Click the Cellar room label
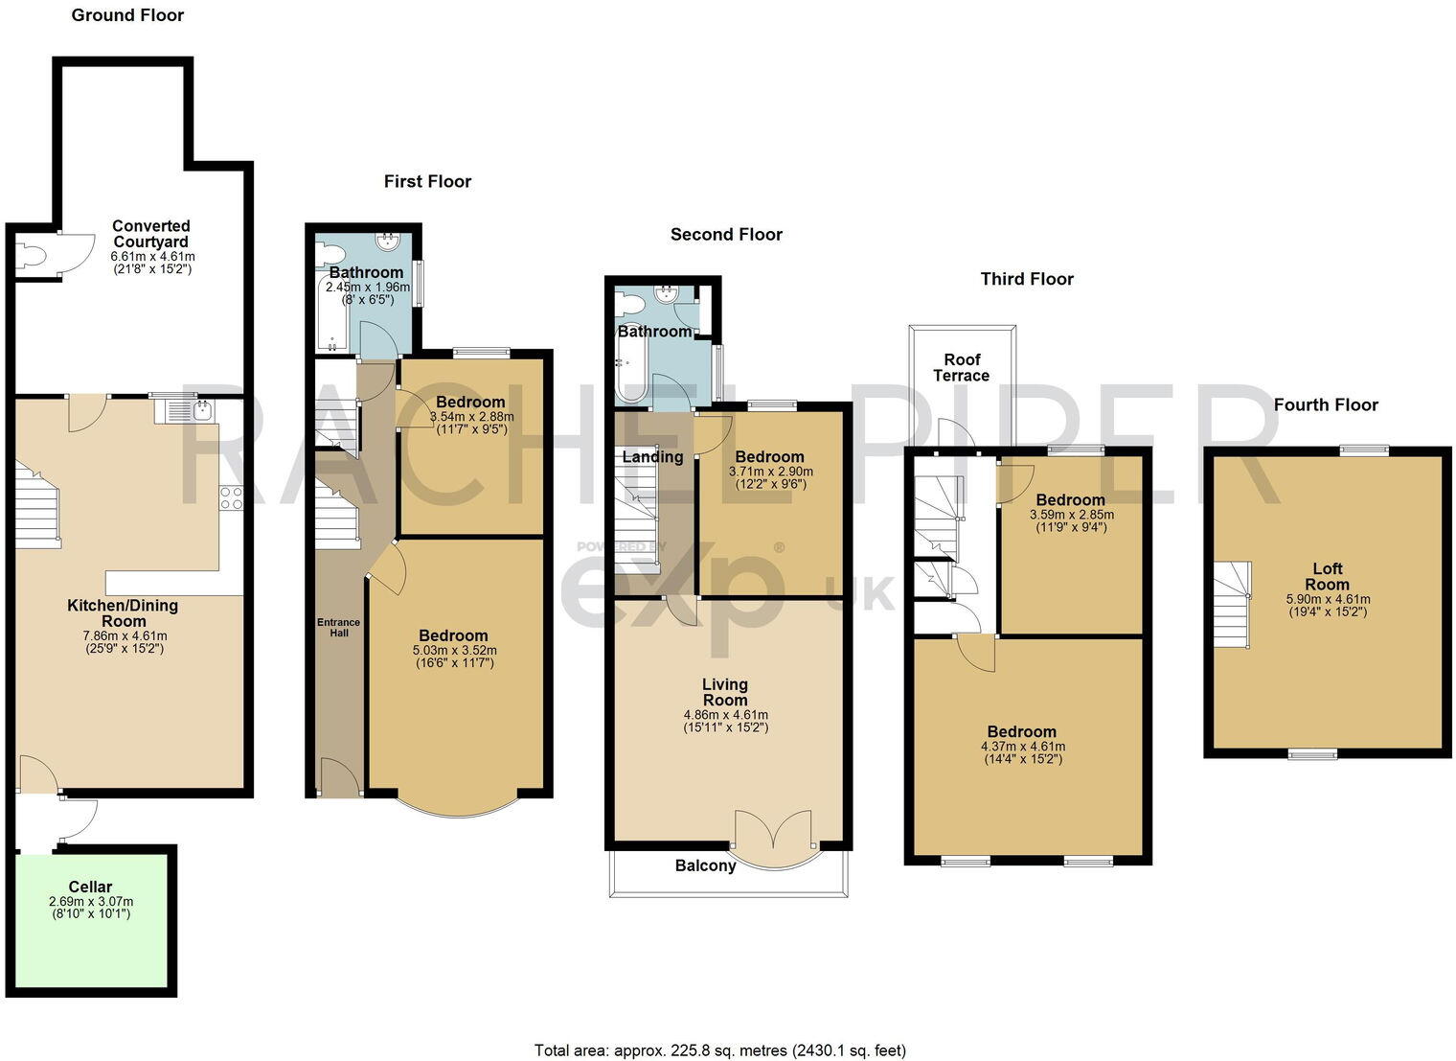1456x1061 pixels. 90,887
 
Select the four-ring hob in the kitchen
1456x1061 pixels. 231,497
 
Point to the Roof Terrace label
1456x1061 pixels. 962,367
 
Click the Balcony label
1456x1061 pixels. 705,865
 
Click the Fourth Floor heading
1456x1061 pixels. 1325,404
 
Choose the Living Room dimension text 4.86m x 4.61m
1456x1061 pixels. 725,714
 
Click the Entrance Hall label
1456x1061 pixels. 339,627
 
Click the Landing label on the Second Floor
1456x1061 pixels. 652,456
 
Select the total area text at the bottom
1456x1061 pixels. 718,1049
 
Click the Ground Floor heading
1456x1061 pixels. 127,15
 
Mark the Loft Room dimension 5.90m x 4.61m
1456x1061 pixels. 1327,599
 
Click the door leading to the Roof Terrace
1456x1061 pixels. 958,436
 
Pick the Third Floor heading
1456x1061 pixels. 1026,279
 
